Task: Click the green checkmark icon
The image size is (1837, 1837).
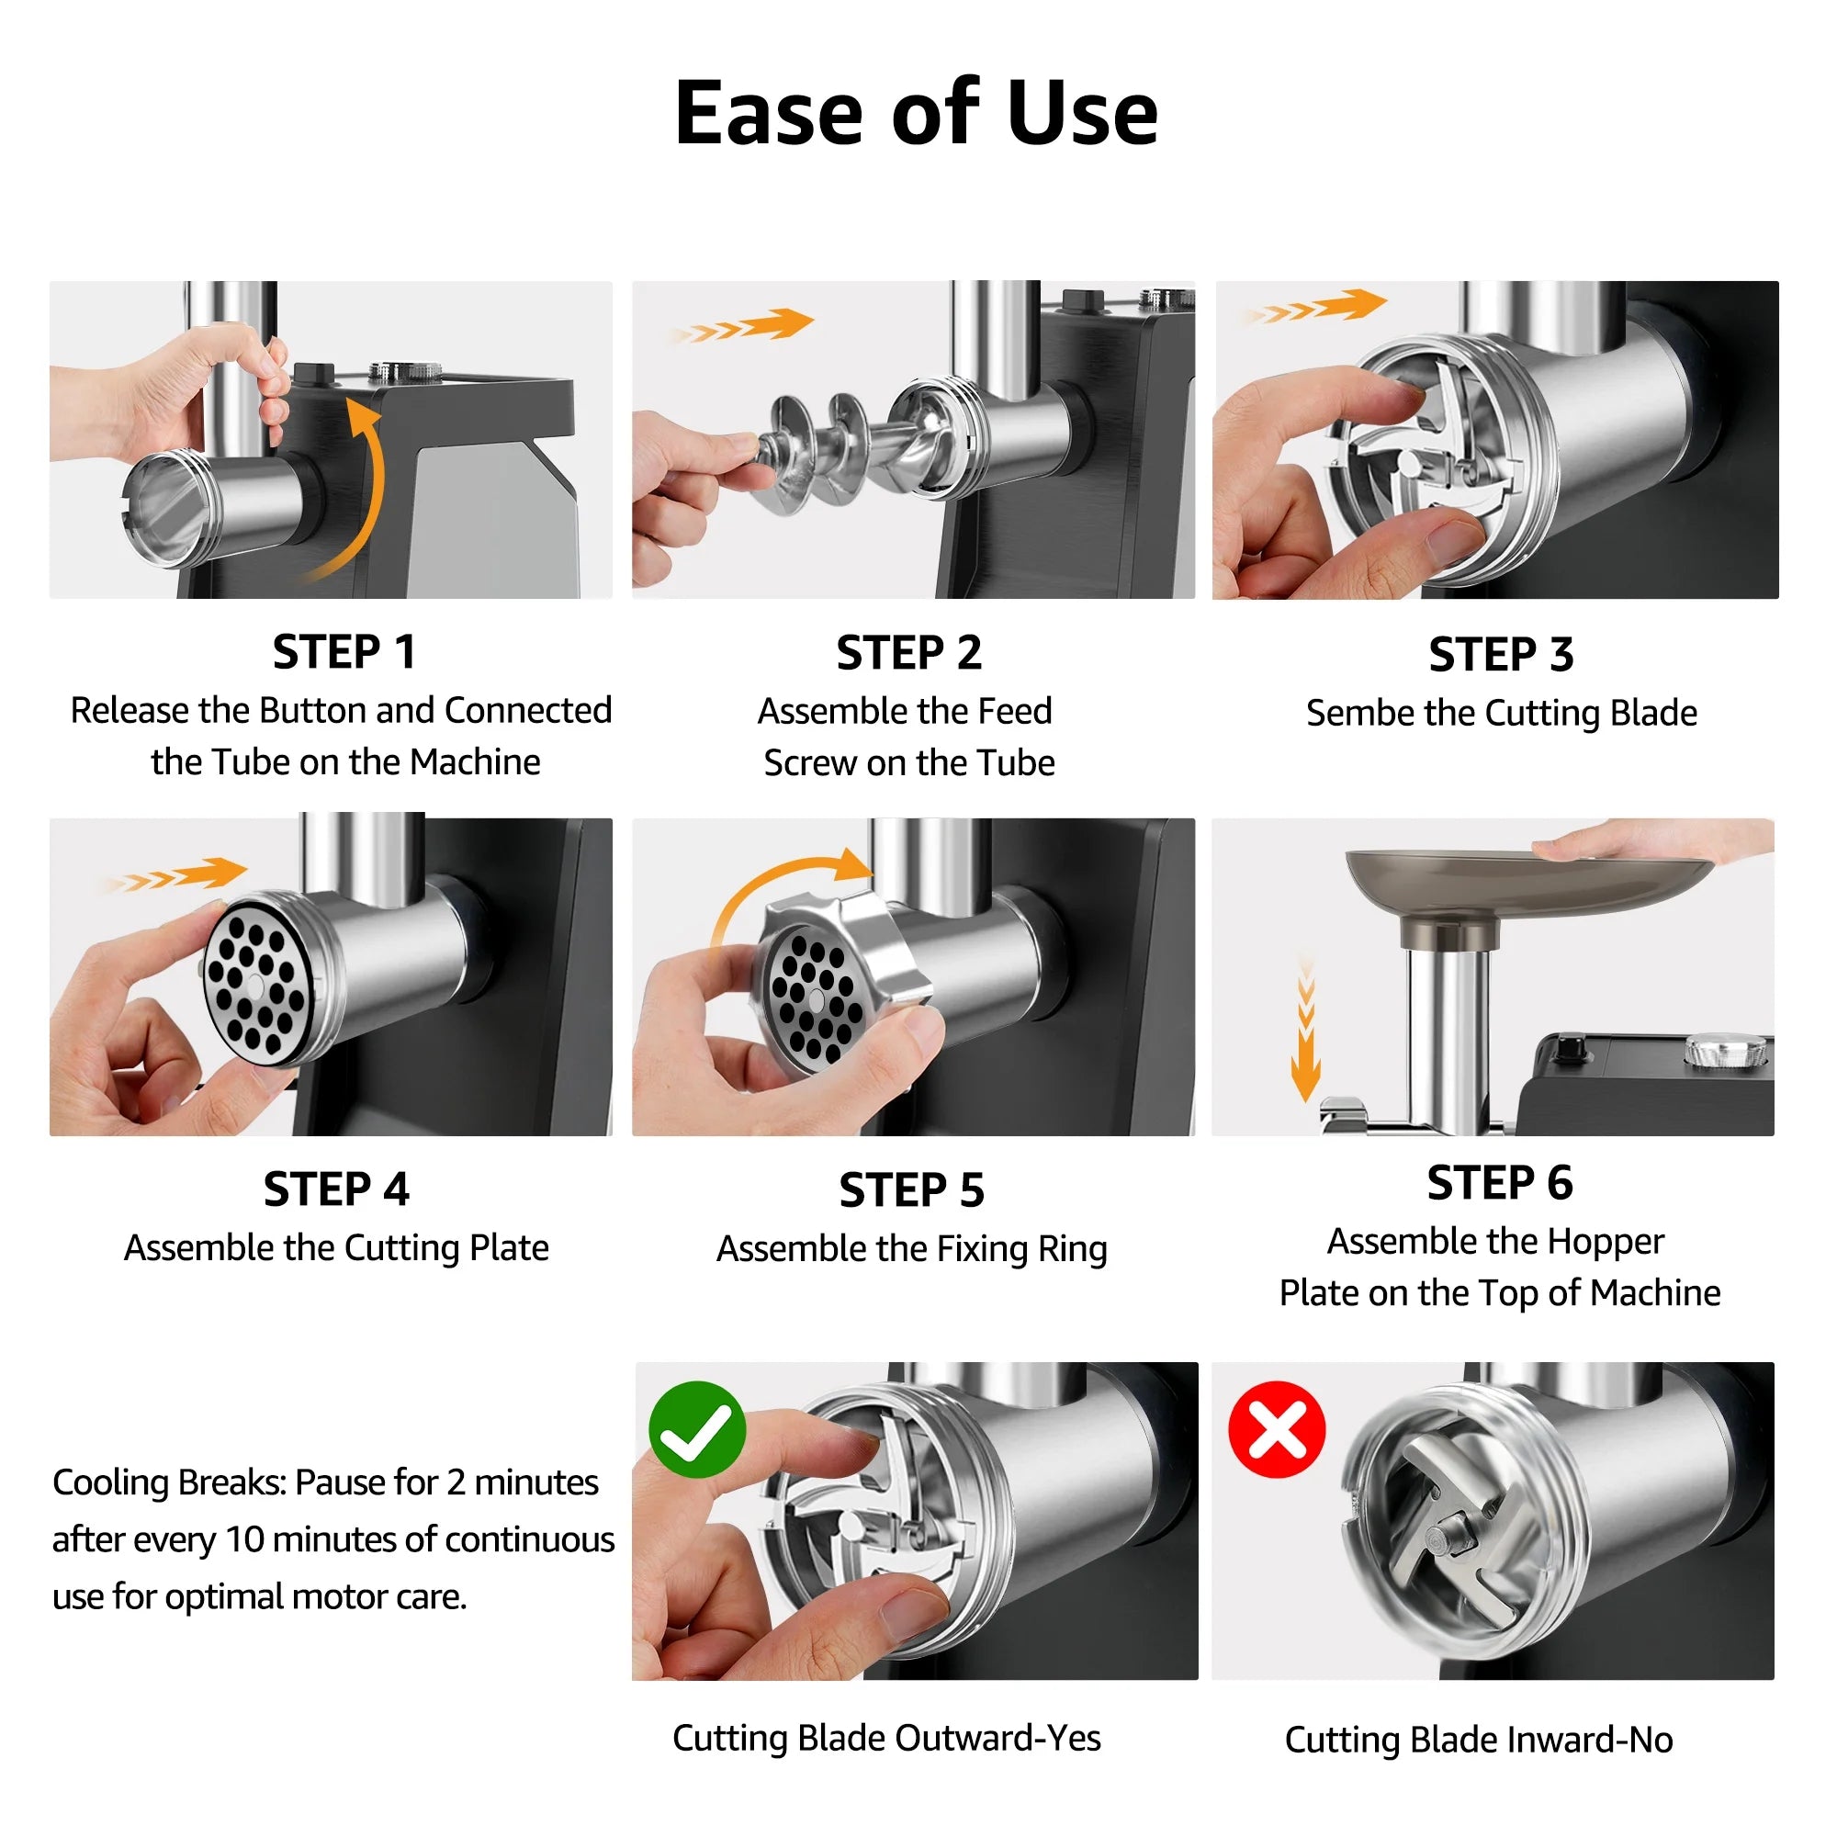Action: coord(697,1429)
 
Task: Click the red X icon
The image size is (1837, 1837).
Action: coord(1277,1429)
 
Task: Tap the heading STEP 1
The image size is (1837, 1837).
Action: coord(344,652)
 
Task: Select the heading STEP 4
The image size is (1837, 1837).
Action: coord(336,1189)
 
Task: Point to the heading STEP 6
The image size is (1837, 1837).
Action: coord(1500,1183)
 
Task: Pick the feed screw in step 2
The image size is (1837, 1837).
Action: coord(837,452)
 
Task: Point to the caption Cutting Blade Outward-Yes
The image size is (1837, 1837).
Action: coord(886,1738)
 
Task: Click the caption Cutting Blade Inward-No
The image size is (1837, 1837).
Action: coord(1479,1740)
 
